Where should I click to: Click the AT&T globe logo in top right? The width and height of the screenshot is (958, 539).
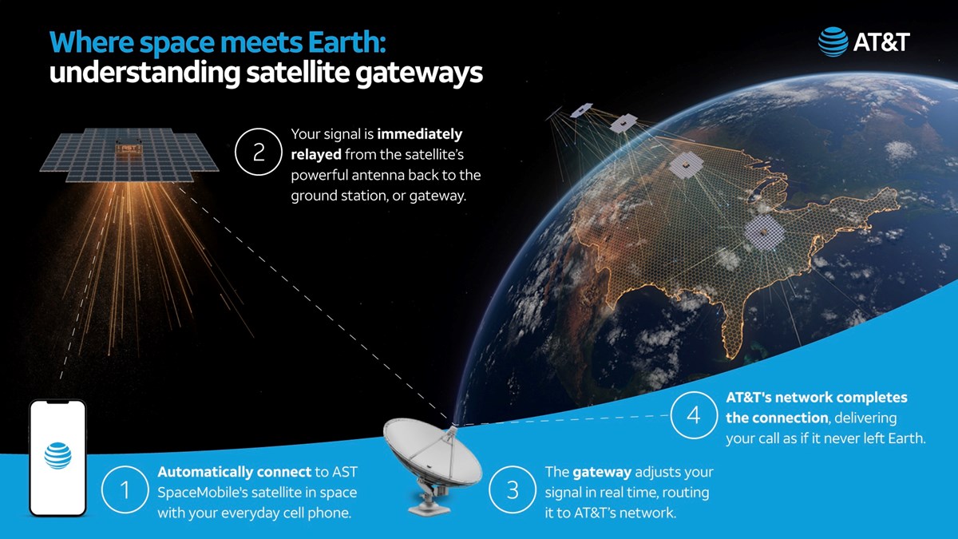[833, 42]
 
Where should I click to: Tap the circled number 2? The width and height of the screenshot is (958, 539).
[259, 154]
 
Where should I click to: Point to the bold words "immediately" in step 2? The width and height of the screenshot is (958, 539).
[420, 134]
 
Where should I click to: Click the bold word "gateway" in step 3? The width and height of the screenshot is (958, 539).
[599, 472]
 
